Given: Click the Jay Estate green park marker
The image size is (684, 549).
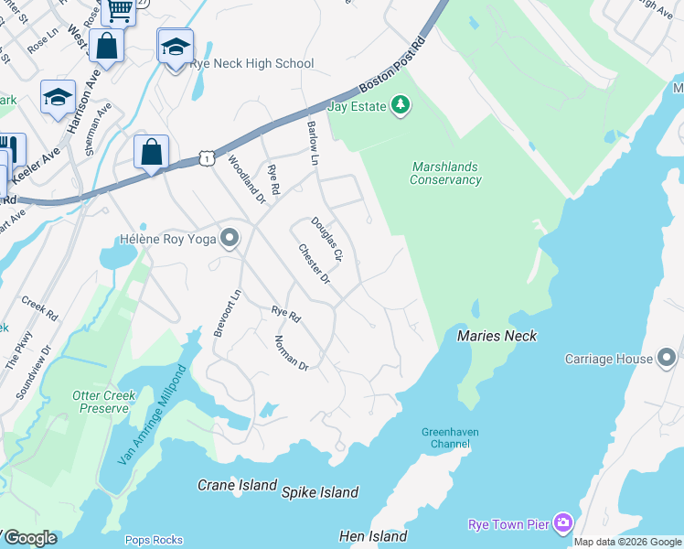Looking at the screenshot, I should coord(400,107).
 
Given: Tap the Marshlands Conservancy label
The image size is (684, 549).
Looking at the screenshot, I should coord(445,174).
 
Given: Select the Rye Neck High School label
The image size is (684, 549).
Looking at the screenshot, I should coord(251,63).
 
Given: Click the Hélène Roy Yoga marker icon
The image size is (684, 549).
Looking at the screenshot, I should coord(230,239).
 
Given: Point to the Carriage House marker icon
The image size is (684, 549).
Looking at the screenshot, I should coord(667,358).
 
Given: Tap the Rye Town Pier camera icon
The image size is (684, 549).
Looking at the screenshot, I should coord(562,523).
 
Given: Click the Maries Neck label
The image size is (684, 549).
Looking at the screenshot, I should coord(497,336).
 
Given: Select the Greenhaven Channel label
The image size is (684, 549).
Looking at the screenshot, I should coord(450,438).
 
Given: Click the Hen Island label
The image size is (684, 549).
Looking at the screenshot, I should coord(372,536).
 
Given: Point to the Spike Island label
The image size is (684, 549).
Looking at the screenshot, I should coord(320,492).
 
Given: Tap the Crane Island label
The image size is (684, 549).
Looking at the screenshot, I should coord(237,485).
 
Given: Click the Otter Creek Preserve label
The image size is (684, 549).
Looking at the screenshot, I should coord(104,402).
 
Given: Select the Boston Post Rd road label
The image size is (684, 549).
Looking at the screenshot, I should coord(393,67).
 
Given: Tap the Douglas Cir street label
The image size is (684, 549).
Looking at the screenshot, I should coord(326,240).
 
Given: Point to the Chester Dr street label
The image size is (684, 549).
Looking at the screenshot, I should coord(314,264).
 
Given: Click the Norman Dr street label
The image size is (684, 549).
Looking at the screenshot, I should coord(292,352).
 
